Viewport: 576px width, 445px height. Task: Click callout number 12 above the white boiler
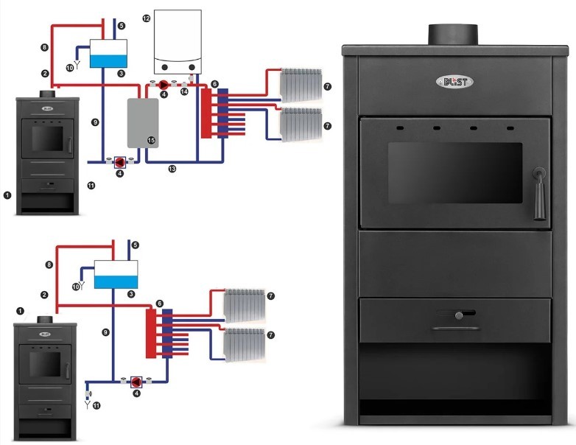pyautogui.click(x=146, y=17)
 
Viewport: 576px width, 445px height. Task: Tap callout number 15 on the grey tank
pyautogui.click(x=151, y=139)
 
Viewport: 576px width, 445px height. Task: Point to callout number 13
pyautogui.click(x=172, y=169)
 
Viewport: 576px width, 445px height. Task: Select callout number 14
pyautogui.click(x=185, y=91)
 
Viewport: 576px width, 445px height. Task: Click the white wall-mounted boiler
pyautogui.click(x=177, y=41)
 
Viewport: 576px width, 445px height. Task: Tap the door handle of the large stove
pyautogui.click(x=538, y=191)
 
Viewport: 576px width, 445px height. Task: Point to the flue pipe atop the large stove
pyautogui.click(x=453, y=33)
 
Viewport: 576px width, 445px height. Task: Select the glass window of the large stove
pyautogui.click(x=454, y=174)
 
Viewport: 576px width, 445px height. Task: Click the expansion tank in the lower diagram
pyautogui.click(x=118, y=273)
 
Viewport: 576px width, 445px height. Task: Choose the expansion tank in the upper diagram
pyautogui.click(x=108, y=54)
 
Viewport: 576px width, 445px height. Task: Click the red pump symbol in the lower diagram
pyautogui.click(x=136, y=382)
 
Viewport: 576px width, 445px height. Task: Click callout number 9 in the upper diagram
pyautogui.click(x=94, y=121)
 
